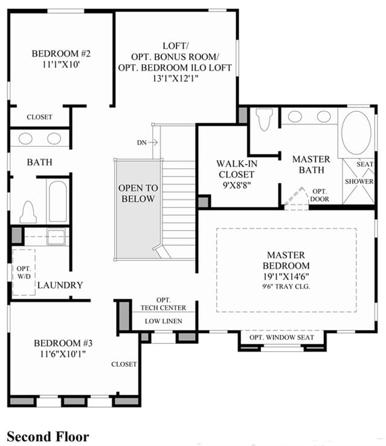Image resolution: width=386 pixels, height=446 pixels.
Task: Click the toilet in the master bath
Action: [264, 120]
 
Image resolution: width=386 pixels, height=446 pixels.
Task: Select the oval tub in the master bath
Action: [356, 133]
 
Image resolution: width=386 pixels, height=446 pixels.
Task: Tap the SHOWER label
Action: [359, 181]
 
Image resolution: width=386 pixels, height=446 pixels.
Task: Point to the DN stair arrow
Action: [153, 142]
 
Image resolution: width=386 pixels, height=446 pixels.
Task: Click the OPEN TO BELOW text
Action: [138, 193]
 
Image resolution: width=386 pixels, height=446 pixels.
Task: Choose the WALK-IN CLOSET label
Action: [236, 169]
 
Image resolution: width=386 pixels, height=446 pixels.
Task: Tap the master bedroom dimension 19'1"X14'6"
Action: [286, 276]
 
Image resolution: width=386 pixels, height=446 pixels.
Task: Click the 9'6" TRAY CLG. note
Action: [286, 286]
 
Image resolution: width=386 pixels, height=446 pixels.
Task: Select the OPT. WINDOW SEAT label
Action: [281, 337]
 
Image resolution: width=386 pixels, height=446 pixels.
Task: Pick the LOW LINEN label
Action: [164, 321]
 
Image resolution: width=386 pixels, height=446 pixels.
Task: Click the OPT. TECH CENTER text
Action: [164, 304]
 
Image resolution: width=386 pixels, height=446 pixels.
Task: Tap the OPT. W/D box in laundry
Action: [24, 272]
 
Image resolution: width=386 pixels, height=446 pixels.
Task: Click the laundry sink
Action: [56, 237]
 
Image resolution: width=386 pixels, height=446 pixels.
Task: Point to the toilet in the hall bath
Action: [28, 212]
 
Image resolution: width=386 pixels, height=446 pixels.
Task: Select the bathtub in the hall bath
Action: [58, 201]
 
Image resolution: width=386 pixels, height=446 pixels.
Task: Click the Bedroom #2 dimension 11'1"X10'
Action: [61, 65]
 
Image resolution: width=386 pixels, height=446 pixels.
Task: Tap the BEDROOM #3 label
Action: [63, 343]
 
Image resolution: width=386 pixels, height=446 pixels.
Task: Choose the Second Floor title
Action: [48, 436]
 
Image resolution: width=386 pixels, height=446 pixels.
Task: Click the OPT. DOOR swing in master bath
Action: [297, 198]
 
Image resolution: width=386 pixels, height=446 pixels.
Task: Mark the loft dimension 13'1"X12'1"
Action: [175, 78]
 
